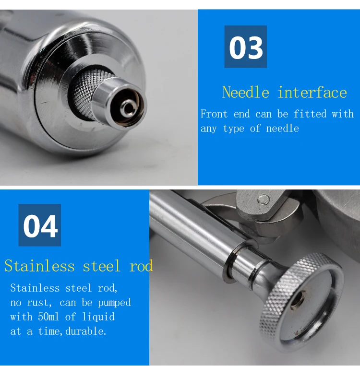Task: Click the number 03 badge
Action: tap(245, 47)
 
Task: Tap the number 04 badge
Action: tap(40, 225)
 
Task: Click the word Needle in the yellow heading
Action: tap(245, 92)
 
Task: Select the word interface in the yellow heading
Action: tap(312, 92)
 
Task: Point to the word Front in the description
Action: tap(215, 114)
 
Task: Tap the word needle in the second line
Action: tap(283, 129)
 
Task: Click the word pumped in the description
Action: tap(114, 303)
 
